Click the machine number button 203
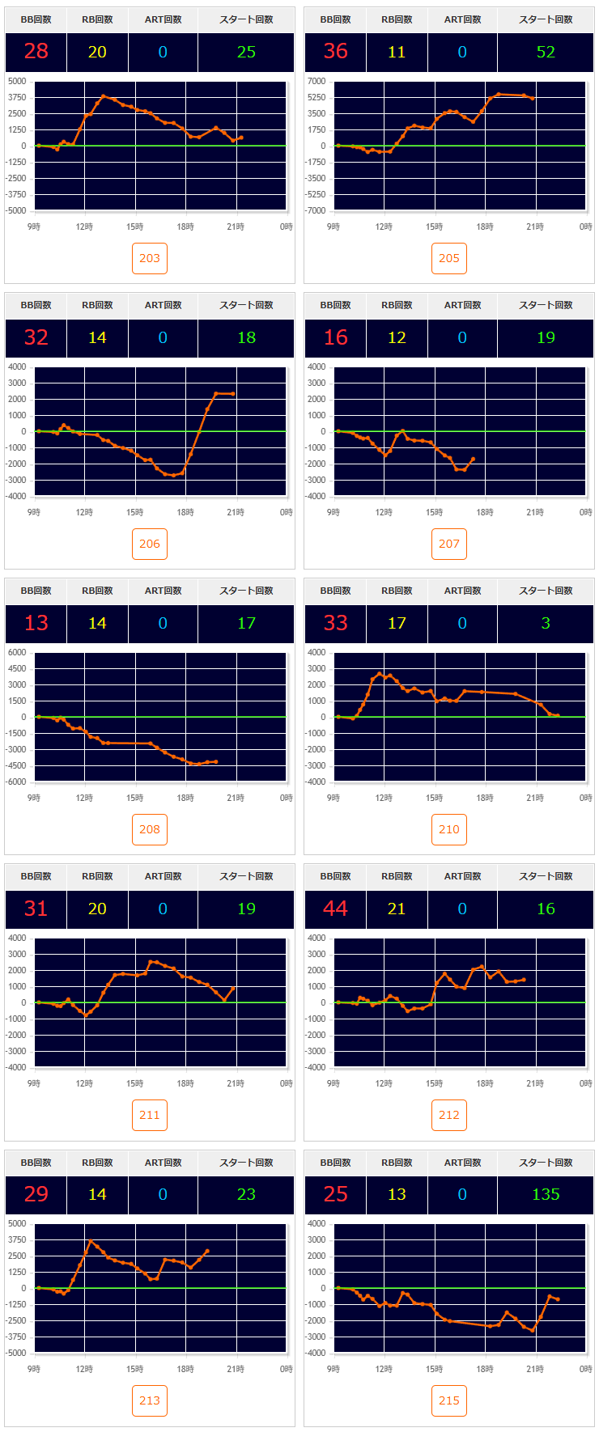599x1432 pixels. coord(150,258)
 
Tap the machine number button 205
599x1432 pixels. coord(449,258)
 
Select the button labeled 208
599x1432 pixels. coord(150,829)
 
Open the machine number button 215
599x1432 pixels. coord(449,1400)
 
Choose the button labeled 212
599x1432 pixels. coord(449,1115)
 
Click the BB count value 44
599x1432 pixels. coord(335,909)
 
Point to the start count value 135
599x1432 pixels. coord(546,1194)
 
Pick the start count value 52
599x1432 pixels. coord(546,52)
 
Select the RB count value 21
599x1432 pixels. coord(397,909)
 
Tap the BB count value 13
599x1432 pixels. coord(36,623)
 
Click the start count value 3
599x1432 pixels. coord(546,623)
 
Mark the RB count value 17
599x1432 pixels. coord(397,623)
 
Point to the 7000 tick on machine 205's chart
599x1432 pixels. coord(316,81)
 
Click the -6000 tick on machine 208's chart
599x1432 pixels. coord(15,782)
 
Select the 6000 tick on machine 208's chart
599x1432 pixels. coord(17,652)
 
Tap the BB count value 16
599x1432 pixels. coord(335,337)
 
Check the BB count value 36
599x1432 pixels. coord(335,52)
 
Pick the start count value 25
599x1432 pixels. coord(246,52)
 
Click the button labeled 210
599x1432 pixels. coord(449,829)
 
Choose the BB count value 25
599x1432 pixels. coord(335,1194)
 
